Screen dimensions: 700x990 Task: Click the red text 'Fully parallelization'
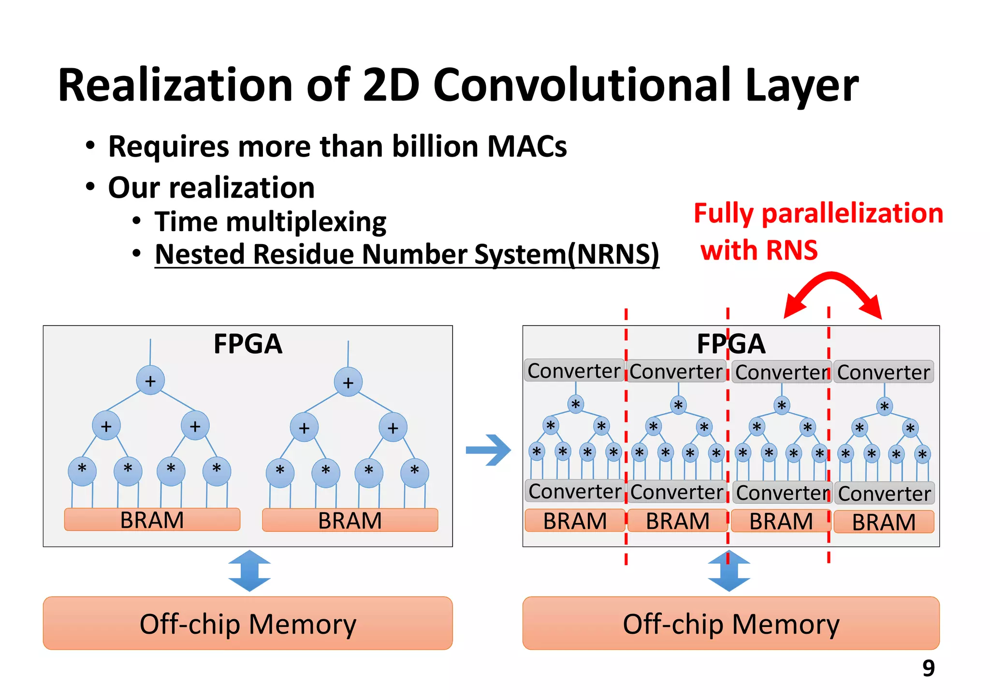818,213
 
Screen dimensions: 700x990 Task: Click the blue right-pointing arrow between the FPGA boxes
488,450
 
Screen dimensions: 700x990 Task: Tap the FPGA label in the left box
247,344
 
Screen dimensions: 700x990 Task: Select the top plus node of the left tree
150,380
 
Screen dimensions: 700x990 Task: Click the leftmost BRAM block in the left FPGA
152,520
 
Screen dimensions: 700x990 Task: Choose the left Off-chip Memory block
247,623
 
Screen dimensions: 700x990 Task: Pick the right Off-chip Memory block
730,623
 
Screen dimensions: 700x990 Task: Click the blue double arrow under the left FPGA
249,571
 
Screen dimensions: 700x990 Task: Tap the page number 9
928,668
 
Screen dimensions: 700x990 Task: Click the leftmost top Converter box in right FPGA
574,371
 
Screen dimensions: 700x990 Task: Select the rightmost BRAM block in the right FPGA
884,522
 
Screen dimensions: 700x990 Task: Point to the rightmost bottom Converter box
884,494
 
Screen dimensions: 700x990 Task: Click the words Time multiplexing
270,222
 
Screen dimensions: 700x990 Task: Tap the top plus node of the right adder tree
348,382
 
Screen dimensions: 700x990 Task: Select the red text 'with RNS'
759,250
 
